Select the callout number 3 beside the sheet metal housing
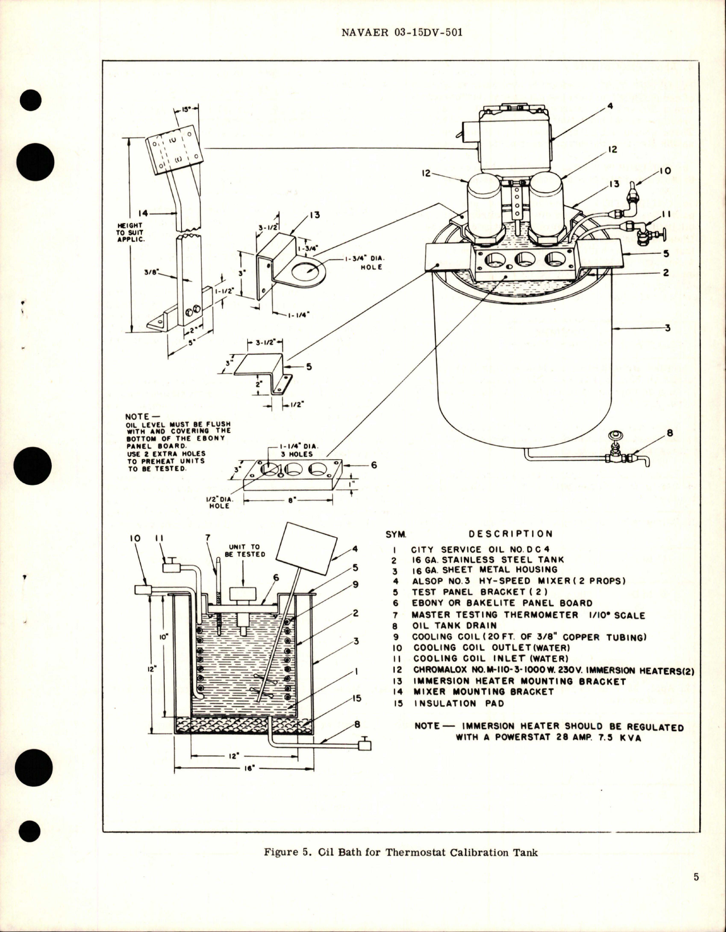click(x=666, y=328)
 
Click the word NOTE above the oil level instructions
click(x=137, y=416)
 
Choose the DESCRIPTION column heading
click(x=510, y=534)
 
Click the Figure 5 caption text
click(x=401, y=854)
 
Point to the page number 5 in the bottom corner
click(x=696, y=893)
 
